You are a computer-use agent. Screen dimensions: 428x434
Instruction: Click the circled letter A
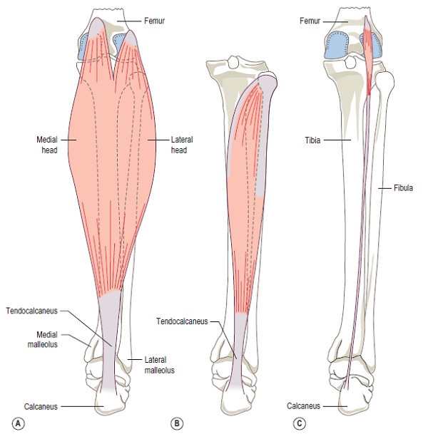coord(19,423)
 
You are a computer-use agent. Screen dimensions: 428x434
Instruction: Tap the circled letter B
coord(177,423)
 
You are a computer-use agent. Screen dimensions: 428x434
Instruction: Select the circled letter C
coord(299,423)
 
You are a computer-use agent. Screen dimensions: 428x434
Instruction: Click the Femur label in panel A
coord(154,21)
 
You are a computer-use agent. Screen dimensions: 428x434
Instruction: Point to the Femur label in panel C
coord(310,21)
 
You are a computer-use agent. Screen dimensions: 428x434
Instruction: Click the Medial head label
coord(47,145)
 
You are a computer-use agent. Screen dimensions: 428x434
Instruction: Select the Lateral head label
coord(182,145)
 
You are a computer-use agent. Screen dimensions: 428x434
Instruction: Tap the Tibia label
coord(312,140)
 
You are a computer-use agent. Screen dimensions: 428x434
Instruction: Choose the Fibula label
coord(403,188)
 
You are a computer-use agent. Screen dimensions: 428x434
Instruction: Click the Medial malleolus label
coord(43,339)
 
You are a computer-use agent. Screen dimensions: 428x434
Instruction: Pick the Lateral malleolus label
coord(159,365)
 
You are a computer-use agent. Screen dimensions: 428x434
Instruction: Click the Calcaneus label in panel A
coord(41,406)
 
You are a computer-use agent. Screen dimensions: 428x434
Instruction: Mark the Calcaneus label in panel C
coord(303,405)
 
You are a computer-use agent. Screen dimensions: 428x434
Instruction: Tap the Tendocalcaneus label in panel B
coord(182,321)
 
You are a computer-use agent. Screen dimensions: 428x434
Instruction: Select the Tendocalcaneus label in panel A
coord(32,311)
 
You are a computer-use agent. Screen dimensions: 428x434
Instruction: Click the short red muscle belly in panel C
coord(368,56)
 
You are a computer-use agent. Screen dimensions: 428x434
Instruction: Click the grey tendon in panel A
coord(108,341)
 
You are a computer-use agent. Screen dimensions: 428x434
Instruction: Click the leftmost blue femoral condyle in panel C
coord(337,45)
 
